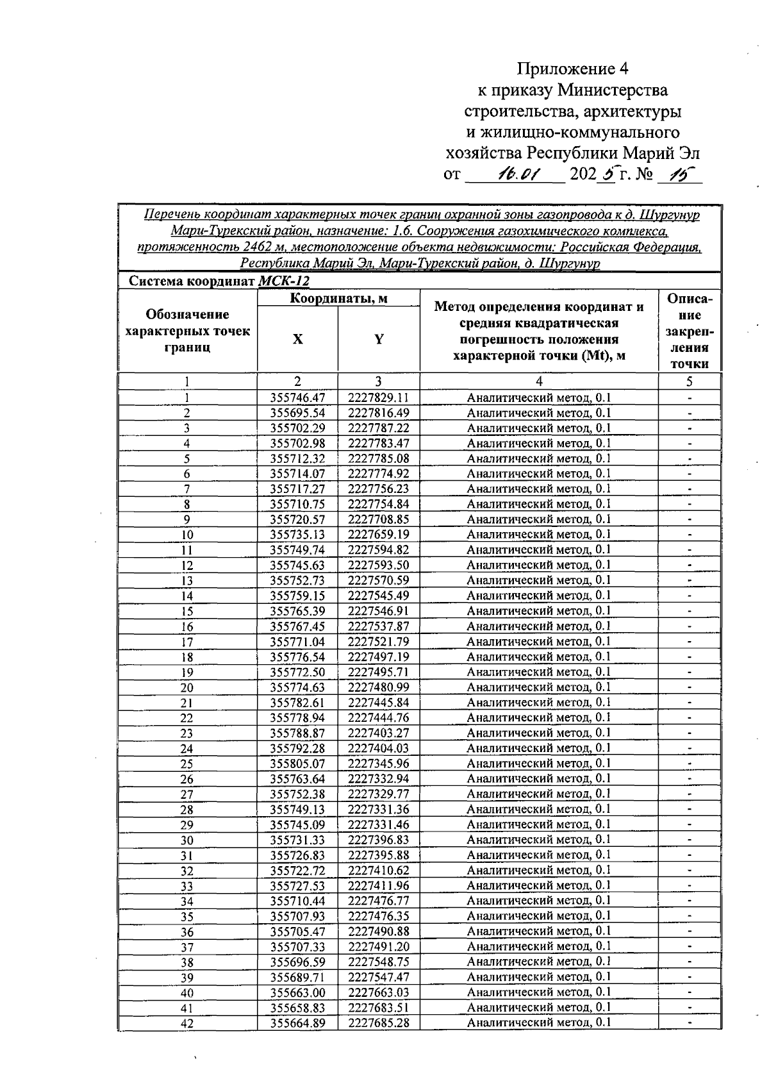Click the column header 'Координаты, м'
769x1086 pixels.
tap(338, 299)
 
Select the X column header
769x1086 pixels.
tap(297, 340)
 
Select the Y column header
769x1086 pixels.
tap(379, 340)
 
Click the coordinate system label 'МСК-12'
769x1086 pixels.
tap(283, 281)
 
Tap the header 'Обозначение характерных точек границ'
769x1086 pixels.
tap(187, 331)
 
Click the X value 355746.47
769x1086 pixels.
tap(297, 397)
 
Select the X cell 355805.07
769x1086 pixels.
tap(297, 764)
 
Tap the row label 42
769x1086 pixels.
tap(186, 1024)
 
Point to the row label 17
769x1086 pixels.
tap(186, 642)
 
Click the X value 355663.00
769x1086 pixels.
tap(297, 992)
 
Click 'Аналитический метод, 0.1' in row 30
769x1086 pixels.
tap(538, 839)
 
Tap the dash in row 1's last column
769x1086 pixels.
tap(690, 398)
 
